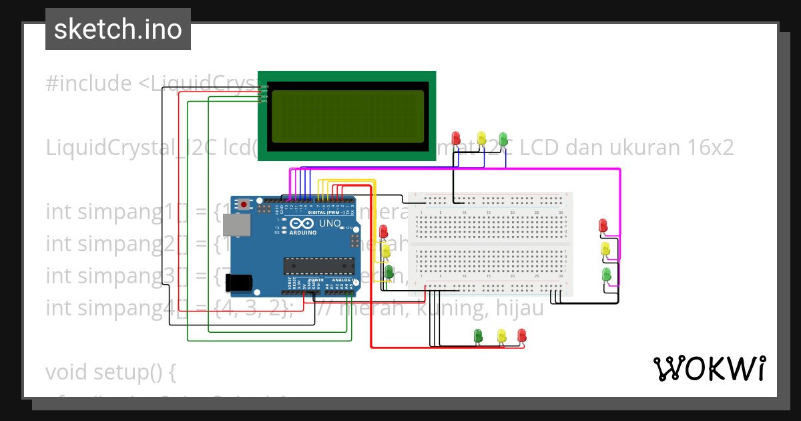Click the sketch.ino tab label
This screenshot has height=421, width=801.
tap(117, 29)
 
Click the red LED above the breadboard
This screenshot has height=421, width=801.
tap(457, 138)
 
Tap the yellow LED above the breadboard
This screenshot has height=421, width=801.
tap(481, 137)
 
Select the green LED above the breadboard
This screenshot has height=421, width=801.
tap(504, 138)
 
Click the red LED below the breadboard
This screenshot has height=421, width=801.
tap(522, 334)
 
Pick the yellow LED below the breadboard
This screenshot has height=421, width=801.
tap(501, 335)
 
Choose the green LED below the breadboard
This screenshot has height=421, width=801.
tap(477, 335)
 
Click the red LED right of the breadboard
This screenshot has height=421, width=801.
tap(603, 225)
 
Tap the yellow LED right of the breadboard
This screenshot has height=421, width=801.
tap(605, 249)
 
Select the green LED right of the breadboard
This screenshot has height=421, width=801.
tap(606, 274)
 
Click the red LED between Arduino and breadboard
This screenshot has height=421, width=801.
tap(383, 232)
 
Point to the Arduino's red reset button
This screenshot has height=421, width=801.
tap(244, 204)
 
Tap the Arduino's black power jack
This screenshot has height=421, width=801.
tap(239, 283)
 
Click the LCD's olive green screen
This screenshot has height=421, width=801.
tap(347, 117)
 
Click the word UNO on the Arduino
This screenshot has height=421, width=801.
tap(330, 223)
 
